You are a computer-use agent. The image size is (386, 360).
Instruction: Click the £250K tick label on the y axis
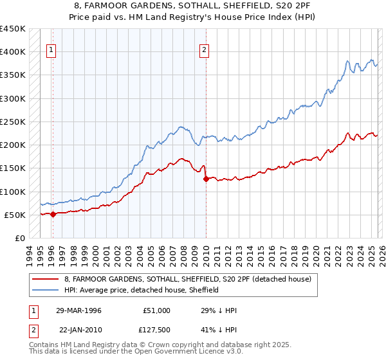(x=12, y=122)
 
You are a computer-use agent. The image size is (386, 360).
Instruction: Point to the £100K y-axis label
(x=12, y=192)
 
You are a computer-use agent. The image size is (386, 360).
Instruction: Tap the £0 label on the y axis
(x=19, y=239)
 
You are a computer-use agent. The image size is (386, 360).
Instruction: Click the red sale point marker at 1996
(x=53, y=215)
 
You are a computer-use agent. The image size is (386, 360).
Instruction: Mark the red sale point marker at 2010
(x=206, y=179)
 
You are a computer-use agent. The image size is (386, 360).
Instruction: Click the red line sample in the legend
(x=46, y=279)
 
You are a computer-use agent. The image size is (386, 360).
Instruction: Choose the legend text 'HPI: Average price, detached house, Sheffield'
(x=142, y=291)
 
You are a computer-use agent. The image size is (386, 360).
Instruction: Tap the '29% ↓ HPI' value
(x=219, y=310)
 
